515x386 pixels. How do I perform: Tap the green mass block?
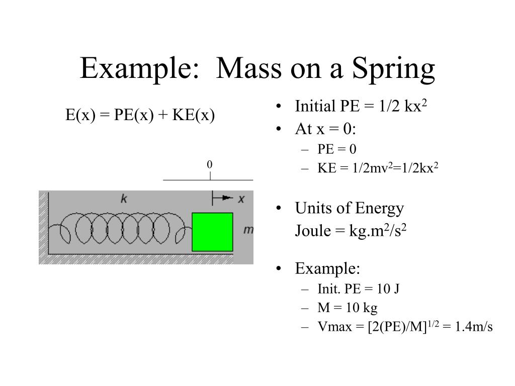click(x=212, y=232)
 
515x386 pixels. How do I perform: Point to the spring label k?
click(x=123, y=199)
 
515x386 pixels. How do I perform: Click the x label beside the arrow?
click(x=241, y=199)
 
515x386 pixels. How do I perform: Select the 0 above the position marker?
click(x=210, y=165)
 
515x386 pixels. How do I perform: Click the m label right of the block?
click(x=247, y=230)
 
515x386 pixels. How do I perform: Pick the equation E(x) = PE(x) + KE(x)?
click(x=140, y=116)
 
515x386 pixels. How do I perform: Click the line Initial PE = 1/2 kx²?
click(x=361, y=107)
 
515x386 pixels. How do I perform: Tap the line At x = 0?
click(x=325, y=129)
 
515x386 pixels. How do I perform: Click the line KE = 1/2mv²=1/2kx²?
click(x=378, y=168)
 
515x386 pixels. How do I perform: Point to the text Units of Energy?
click(x=349, y=208)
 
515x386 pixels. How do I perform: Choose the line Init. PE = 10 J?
click(x=358, y=289)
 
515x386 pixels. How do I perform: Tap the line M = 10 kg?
click(x=347, y=308)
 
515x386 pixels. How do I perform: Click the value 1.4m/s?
click(x=474, y=327)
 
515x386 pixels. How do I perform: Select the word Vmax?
click(x=330, y=327)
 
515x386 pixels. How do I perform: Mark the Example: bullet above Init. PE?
click(x=327, y=269)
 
